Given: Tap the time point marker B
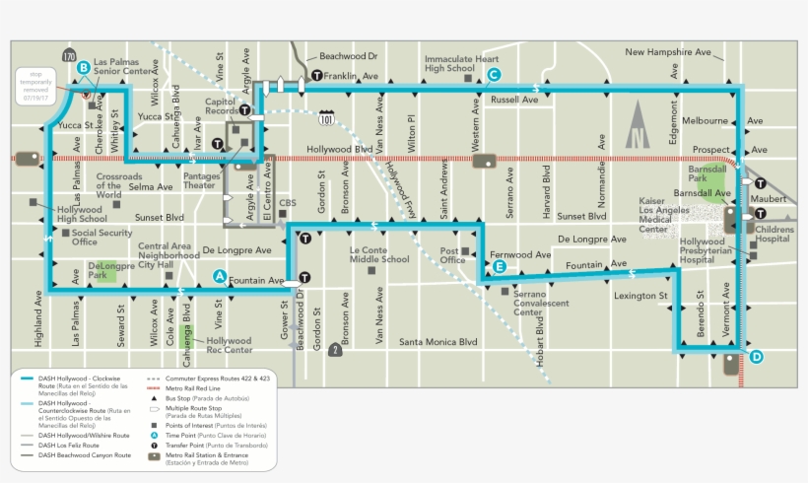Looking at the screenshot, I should [84, 67].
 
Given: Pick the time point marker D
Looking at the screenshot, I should [756, 357].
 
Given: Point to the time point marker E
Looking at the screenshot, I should [499, 266].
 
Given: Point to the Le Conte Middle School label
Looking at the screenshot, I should [379, 254].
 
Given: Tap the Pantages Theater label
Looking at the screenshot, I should [200, 180].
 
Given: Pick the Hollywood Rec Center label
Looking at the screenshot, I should [229, 345].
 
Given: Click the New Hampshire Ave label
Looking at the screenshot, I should [667, 51].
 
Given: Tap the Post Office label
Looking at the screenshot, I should [452, 255].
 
